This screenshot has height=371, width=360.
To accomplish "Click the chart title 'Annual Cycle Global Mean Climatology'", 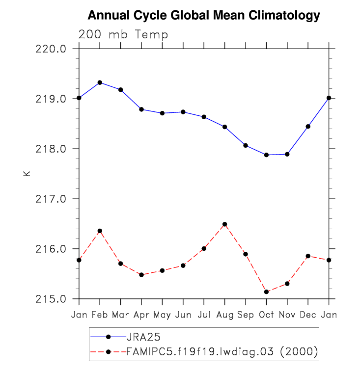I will (204, 16).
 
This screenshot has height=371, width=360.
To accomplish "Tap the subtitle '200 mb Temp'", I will (123, 35).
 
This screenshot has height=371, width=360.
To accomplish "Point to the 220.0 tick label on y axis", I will (55, 49).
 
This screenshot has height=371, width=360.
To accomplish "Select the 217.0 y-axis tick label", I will (55, 199).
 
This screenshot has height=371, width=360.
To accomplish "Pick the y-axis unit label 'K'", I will (27, 173).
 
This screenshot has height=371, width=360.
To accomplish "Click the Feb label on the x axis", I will (100, 314).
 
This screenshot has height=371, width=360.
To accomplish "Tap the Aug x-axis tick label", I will (224, 314).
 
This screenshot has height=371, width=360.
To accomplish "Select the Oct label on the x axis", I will (266, 314).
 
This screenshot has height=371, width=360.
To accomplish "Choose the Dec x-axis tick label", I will (308, 314).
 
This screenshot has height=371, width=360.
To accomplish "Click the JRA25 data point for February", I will (100, 82).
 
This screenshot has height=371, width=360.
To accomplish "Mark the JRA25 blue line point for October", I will (266, 155).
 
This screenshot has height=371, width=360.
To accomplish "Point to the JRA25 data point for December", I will (308, 127).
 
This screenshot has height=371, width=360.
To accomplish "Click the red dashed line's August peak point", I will (224, 224).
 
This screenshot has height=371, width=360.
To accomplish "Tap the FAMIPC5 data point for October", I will (266, 292).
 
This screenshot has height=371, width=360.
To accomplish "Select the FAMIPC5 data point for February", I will (100, 231).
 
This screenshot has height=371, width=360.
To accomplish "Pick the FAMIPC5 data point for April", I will (141, 275).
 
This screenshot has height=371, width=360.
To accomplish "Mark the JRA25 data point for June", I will (183, 112).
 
